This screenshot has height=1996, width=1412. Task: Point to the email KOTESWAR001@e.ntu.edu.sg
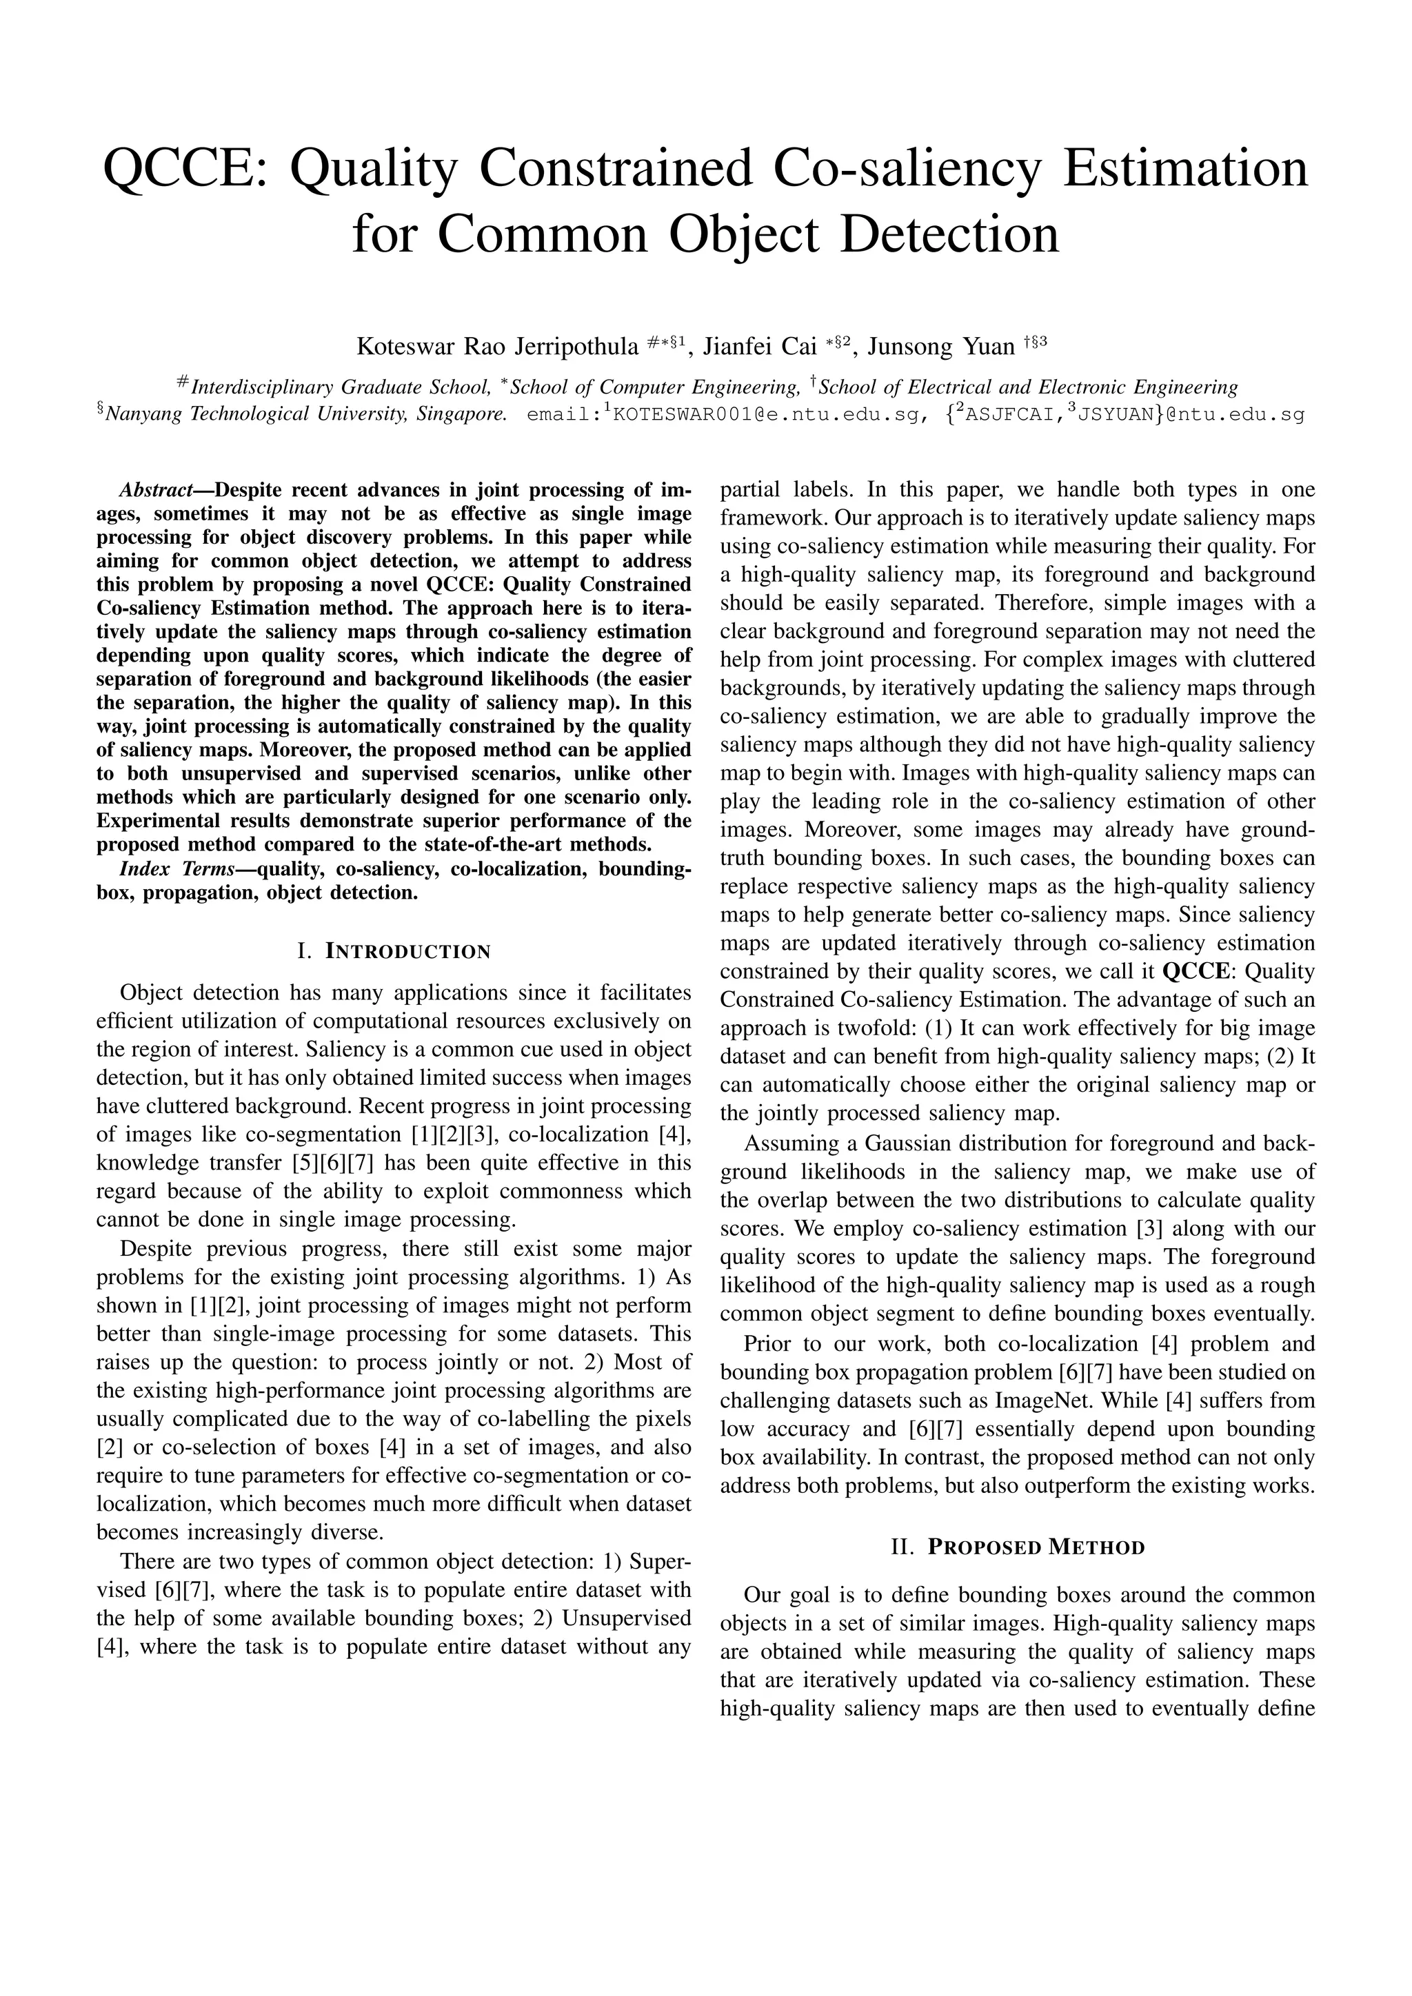tap(766, 415)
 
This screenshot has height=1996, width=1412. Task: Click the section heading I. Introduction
tap(394, 951)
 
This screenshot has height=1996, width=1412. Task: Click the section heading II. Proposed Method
tap(1017, 1547)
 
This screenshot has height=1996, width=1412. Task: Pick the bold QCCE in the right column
tap(1191, 971)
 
